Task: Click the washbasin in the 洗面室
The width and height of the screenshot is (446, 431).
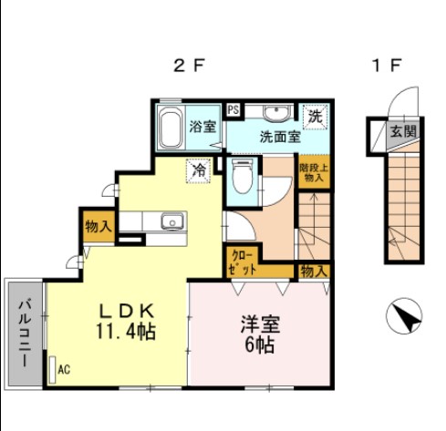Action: pyautogui.click(x=275, y=114)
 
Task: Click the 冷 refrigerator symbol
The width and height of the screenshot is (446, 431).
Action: pyautogui.click(x=197, y=169)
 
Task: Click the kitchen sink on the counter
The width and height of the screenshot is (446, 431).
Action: pyautogui.click(x=171, y=222)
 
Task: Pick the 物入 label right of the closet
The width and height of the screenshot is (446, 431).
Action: pyautogui.click(x=314, y=271)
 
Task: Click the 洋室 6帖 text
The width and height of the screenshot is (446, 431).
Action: pyautogui.click(x=259, y=334)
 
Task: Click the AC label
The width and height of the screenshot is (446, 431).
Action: pyautogui.click(x=64, y=369)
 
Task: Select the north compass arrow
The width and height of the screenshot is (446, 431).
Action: pyautogui.click(x=406, y=316)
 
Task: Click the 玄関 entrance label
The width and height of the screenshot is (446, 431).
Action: pyautogui.click(x=404, y=131)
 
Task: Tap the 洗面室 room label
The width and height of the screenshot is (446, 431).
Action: pyautogui.click(x=280, y=139)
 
